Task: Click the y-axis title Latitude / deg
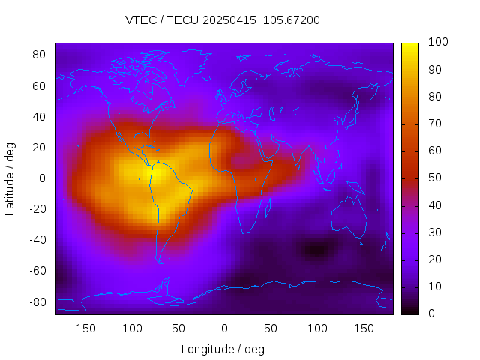pyautogui.click(x=10, y=178)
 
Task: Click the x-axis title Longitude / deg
pyautogui.click(x=223, y=349)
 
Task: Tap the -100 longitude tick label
pyautogui.click(x=130, y=328)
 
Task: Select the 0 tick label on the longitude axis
pyautogui.click(x=224, y=328)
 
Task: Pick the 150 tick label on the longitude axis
pyautogui.click(x=363, y=328)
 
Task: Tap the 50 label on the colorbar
pyautogui.click(x=434, y=178)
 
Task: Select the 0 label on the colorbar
pyautogui.click(x=431, y=313)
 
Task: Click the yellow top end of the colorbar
pyautogui.click(x=409, y=46)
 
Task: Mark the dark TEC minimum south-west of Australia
pyautogui.click(x=316, y=249)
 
